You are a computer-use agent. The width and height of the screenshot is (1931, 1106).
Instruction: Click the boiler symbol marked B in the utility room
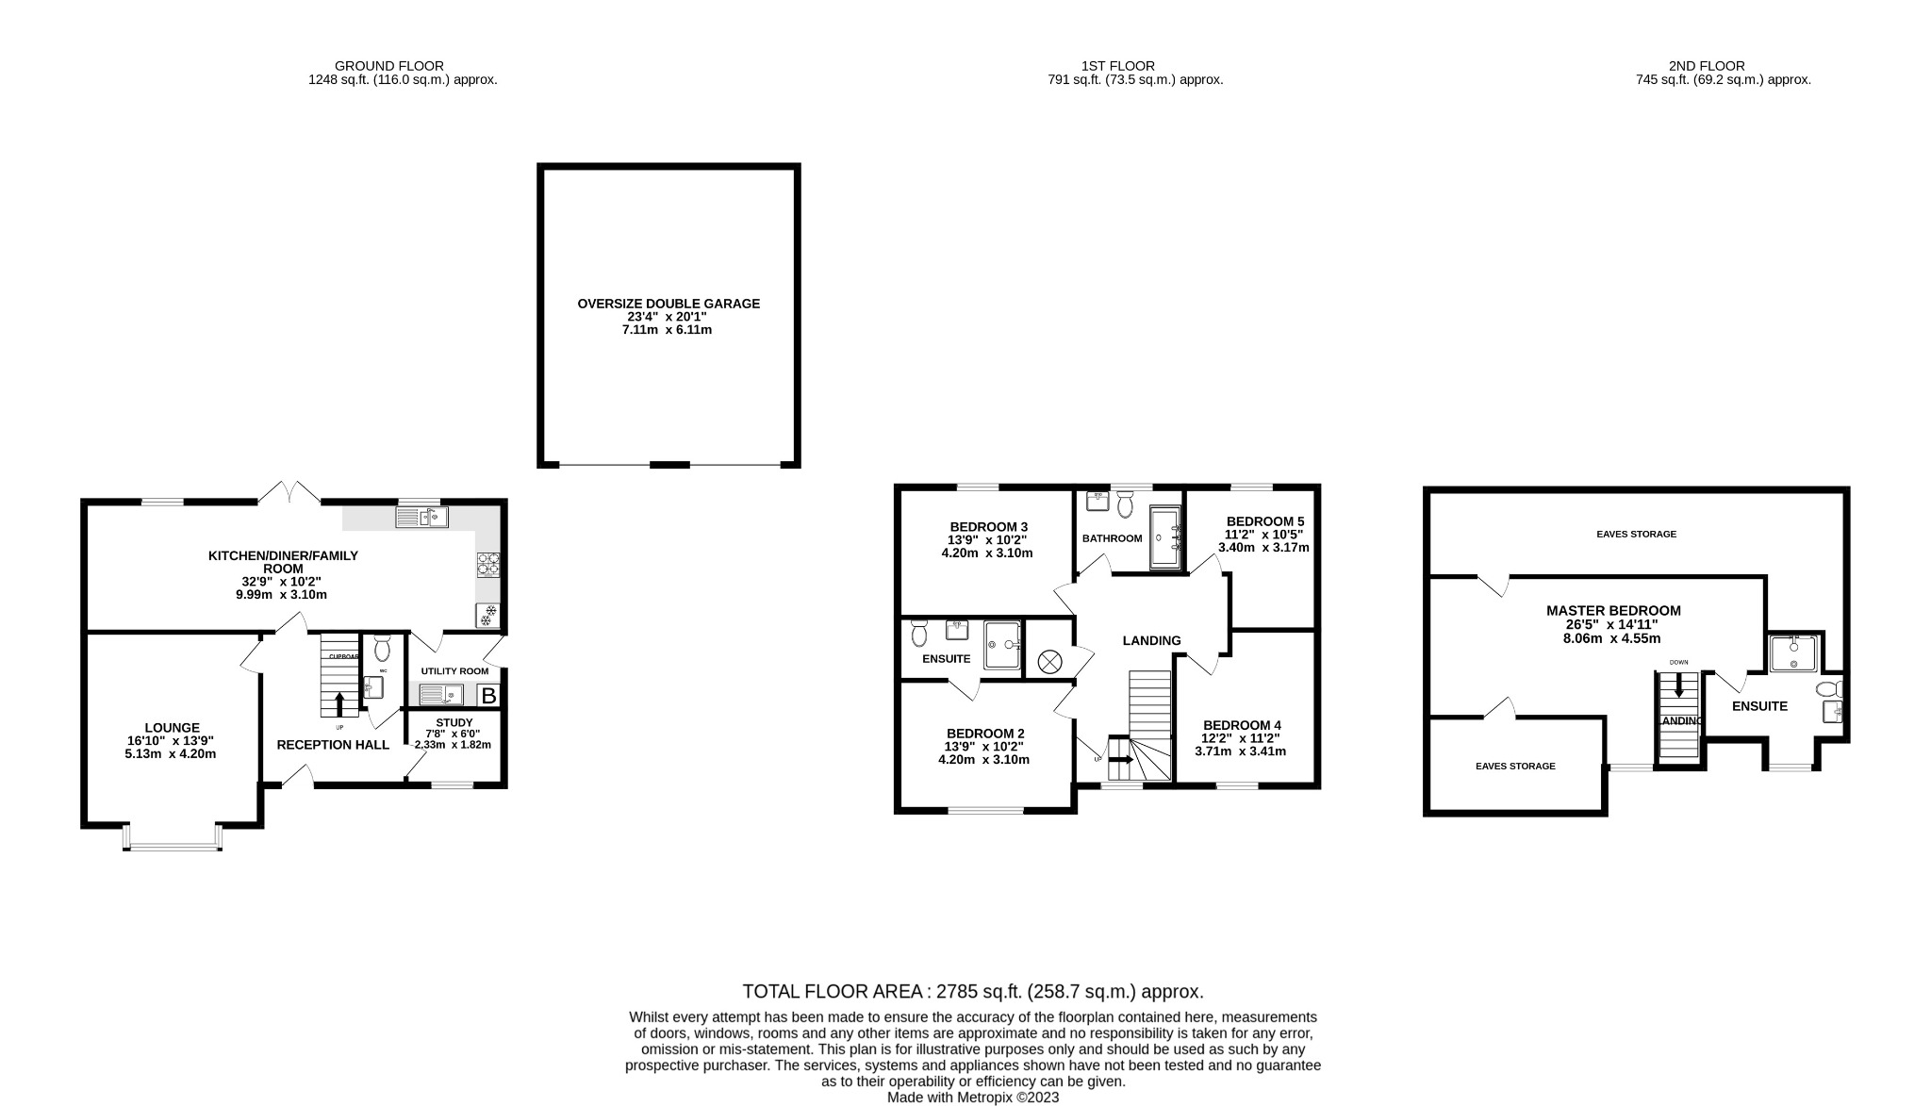488,696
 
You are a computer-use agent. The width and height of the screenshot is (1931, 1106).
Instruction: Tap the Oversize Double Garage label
668,304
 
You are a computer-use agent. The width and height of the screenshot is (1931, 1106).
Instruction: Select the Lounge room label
172,728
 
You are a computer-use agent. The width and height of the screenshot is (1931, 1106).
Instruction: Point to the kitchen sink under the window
421,517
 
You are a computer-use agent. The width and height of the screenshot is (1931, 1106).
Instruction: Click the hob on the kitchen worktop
488,565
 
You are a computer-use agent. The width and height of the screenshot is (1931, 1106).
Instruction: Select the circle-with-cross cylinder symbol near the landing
1048,662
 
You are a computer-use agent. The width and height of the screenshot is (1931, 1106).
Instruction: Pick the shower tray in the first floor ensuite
1002,645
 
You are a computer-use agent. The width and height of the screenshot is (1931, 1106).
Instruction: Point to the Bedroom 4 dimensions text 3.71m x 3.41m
1240,751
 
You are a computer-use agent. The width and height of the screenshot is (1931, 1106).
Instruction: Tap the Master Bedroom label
1613,611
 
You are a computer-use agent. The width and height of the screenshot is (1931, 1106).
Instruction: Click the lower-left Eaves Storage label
1515,767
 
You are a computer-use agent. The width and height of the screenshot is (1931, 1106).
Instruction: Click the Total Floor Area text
972,992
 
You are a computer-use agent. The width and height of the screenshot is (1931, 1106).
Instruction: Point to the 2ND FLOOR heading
1706,66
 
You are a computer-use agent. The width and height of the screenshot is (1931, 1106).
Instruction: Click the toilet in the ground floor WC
382,650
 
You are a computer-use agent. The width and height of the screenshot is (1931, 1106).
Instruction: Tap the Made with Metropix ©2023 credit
972,1098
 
